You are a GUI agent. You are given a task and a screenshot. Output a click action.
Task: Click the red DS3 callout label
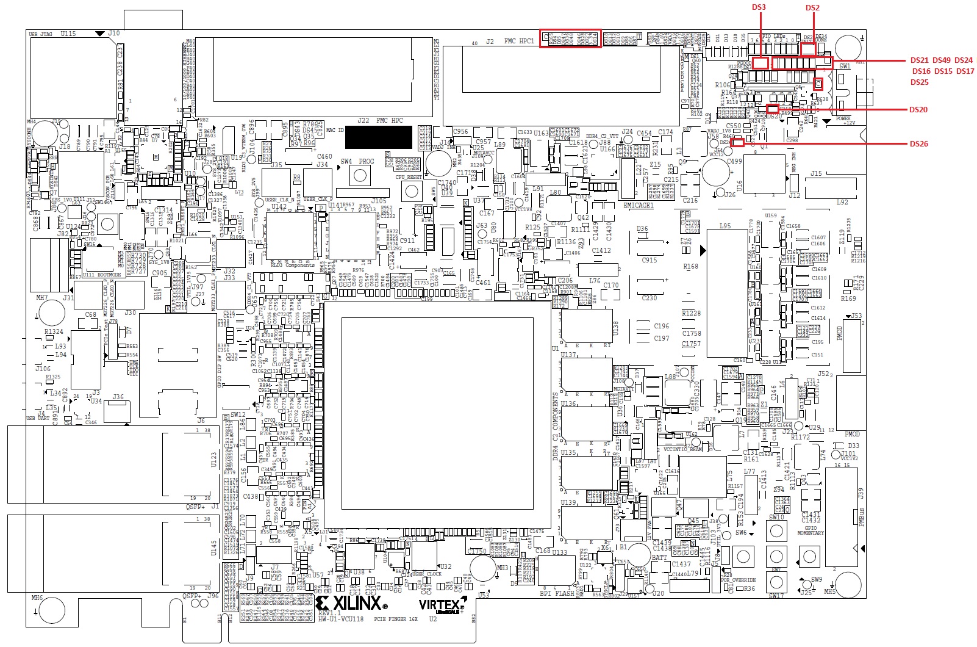[x=759, y=7]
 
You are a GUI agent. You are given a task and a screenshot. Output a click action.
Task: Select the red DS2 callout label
[x=812, y=7]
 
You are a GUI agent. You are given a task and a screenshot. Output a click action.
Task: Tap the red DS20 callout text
[x=918, y=110]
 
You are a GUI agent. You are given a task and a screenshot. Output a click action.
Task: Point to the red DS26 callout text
[x=918, y=144]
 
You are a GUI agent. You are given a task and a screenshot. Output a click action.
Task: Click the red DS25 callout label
[x=920, y=82]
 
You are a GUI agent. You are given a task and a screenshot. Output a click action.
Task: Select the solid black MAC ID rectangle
[x=378, y=137]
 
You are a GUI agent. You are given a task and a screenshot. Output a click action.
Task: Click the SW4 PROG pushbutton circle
[x=361, y=176]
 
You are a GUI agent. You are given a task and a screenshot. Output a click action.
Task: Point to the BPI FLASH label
[x=557, y=593]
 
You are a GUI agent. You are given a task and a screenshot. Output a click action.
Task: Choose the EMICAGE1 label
[x=638, y=206]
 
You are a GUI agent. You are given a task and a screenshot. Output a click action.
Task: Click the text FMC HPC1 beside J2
[x=519, y=42]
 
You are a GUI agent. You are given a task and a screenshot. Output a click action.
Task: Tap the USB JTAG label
[x=41, y=34]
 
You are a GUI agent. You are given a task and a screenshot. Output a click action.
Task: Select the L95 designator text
[x=725, y=226]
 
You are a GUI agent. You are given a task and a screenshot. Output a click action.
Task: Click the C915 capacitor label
[x=650, y=260]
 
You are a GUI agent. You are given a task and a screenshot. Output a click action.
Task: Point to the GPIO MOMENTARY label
[x=811, y=530]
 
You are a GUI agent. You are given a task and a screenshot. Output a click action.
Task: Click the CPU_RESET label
[x=409, y=177]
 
